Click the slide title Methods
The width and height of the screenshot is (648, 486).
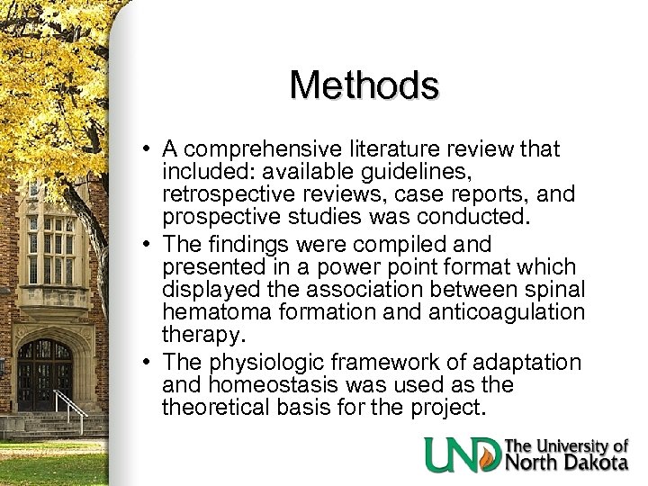click(x=364, y=85)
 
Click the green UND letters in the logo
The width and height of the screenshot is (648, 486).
click(x=463, y=454)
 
